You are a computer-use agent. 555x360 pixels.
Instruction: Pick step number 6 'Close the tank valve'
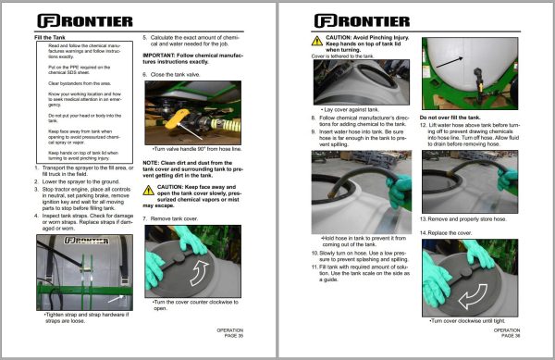176,72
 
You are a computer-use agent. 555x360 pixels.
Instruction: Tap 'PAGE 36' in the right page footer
506,334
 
